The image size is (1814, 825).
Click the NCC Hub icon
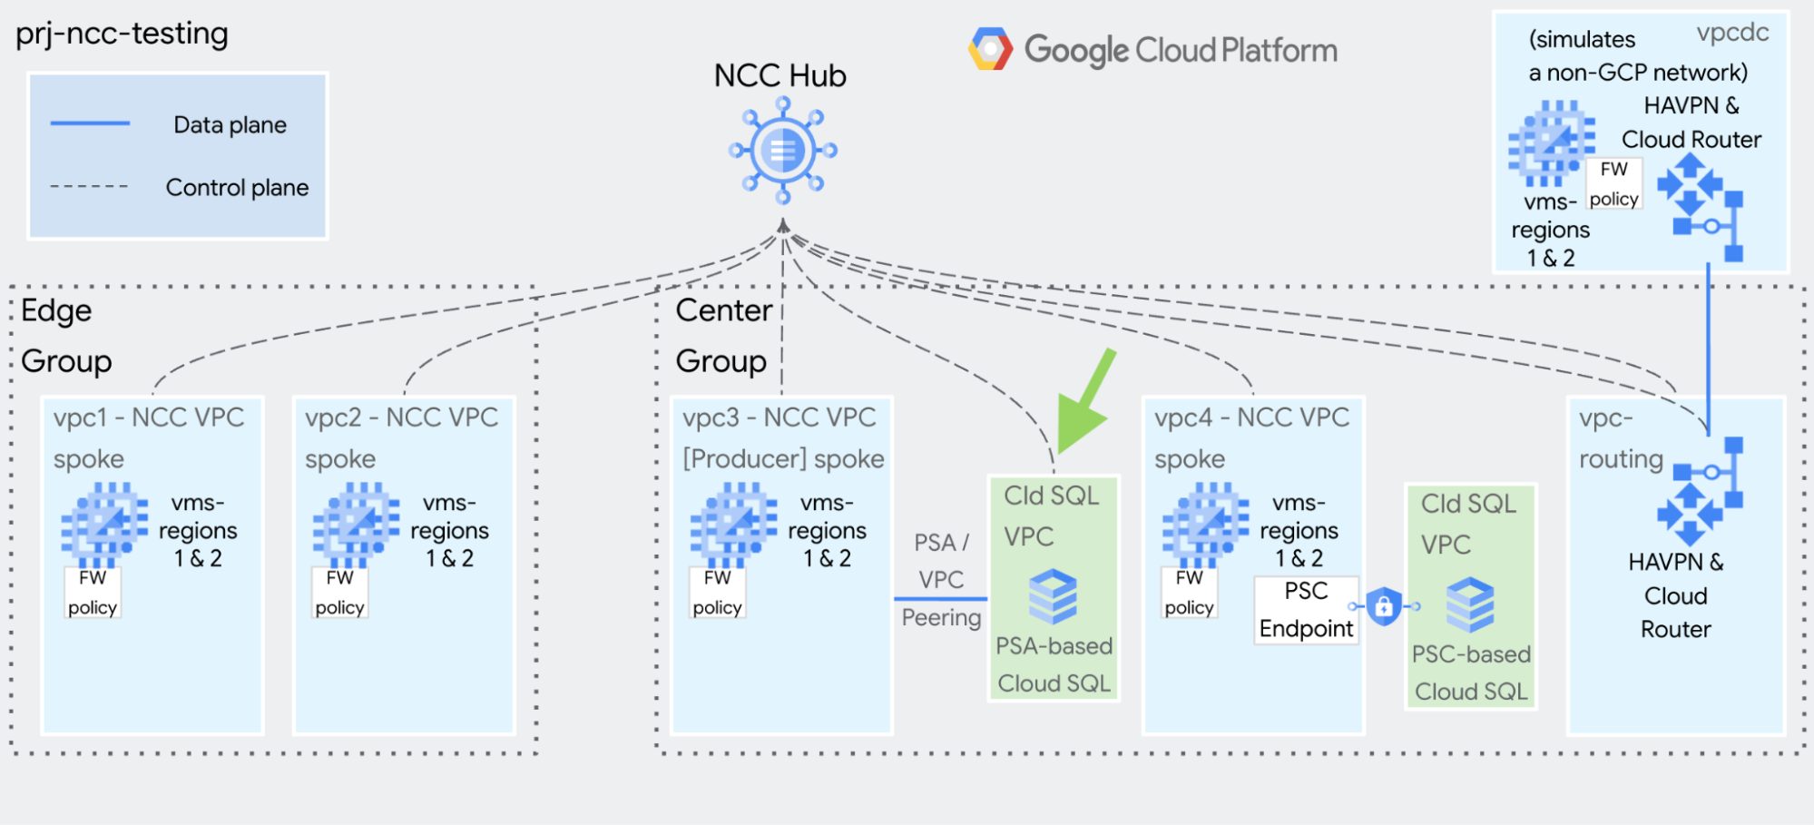point(782,151)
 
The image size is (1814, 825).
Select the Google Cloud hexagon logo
point(990,50)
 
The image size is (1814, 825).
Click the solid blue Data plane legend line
point(90,123)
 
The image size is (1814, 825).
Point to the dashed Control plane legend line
point(89,187)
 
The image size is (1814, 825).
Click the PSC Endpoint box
point(1306,610)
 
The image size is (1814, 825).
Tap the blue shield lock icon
point(1384,605)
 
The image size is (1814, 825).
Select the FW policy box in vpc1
point(93,593)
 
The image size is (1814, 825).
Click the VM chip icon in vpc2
point(356,524)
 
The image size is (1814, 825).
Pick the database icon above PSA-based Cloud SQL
point(1053,596)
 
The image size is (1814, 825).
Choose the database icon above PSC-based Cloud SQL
point(1470,604)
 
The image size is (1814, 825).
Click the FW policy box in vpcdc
point(1613,184)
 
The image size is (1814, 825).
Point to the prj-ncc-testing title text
point(122,34)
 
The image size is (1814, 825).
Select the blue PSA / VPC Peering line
point(940,599)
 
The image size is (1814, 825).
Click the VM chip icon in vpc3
point(733,524)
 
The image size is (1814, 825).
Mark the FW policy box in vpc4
point(1189,593)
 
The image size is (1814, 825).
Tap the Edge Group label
point(65,336)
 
